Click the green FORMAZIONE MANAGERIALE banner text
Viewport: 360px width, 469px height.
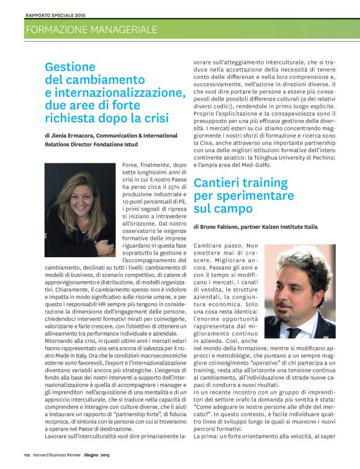(91, 29)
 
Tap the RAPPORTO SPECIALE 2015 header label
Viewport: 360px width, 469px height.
(56, 14)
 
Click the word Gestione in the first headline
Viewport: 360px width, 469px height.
(70, 67)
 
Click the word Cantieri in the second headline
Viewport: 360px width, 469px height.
(224, 183)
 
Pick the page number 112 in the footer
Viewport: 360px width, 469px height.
(27, 463)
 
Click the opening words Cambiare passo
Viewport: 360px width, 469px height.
(220, 246)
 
